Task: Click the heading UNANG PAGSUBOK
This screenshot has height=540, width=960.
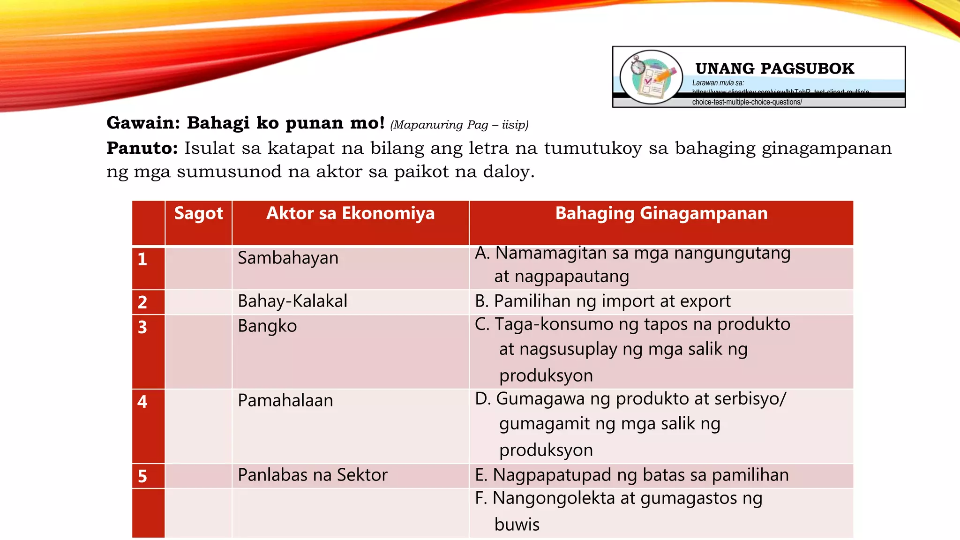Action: pyautogui.click(x=774, y=68)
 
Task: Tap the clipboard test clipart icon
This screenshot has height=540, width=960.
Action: pyautogui.click(x=651, y=77)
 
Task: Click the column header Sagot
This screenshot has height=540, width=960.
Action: pyautogui.click(x=198, y=214)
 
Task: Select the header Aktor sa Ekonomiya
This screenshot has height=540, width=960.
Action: pyautogui.click(x=350, y=214)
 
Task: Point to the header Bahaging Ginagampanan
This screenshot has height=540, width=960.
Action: pyautogui.click(x=661, y=214)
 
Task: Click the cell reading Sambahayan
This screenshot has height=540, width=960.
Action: pyautogui.click(x=288, y=258)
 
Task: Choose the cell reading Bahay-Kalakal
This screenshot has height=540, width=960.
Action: pyautogui.click(x=292, y=301)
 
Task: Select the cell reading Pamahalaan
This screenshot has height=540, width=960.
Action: pyautogui.click(x=285, y=401)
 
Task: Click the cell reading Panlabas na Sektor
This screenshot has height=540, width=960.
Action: pyautogui.click(x=312, y=475)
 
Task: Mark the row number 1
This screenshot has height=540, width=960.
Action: pyautogui.click(x=142, y=259)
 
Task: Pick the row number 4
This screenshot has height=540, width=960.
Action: pyautogui.click(x=142, y=402)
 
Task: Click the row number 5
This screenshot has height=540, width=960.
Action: pyautogui.click(x=142, y=476)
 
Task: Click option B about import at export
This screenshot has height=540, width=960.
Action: pyautogui.click(x=602, y=301)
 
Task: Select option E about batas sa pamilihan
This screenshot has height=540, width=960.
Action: pyautogui.click(x=631, y=475)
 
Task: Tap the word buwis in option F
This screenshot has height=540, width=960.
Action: pyautogui.click(x=517, y=525)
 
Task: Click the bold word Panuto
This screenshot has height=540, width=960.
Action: pyautogui.click(x=142, y=148)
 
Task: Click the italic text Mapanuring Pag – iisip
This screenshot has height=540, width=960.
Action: pyautogui.click(x=459, y=125)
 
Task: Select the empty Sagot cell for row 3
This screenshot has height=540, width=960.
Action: pyautogui.click(x=198, y=352)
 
